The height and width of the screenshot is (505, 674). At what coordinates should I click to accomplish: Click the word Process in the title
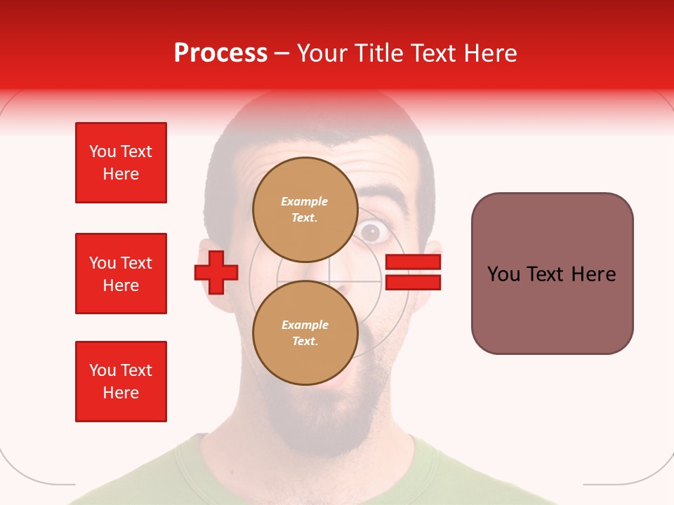(220, 53)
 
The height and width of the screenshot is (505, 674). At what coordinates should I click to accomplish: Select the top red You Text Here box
(121, 163)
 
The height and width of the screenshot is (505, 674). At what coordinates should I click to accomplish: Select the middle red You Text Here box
(121, 274)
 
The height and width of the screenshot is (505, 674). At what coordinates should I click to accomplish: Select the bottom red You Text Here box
(121, 382)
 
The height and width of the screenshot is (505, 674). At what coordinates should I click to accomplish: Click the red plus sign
(216, 272)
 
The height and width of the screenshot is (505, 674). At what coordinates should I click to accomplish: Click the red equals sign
(413, 272)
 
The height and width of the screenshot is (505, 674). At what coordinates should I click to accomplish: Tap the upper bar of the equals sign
(413, 262)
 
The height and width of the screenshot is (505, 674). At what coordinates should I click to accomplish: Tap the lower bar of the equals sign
(413, 282)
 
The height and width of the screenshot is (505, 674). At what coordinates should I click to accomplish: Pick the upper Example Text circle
(305, 209)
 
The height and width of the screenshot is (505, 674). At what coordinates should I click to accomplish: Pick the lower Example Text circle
(305, 332)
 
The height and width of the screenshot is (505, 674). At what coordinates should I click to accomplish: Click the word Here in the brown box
(593, 274)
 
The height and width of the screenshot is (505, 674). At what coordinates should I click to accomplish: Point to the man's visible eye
(371, 232)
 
